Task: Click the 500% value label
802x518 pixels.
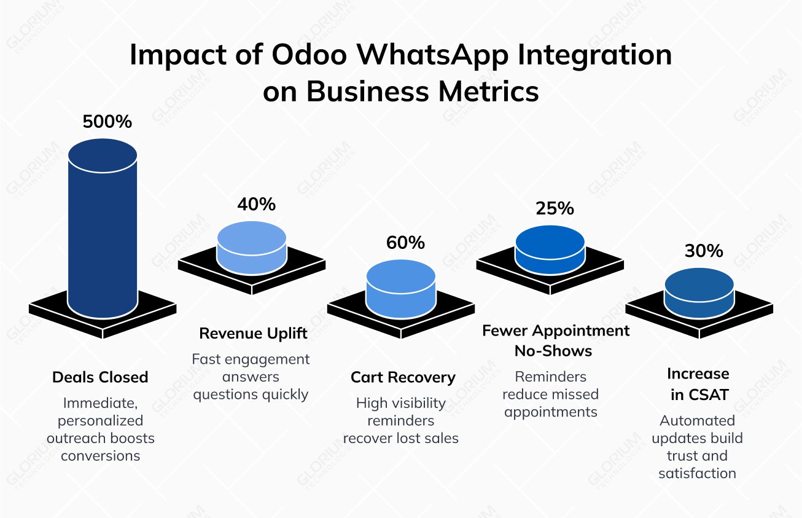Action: pos(107,122)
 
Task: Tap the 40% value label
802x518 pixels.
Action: pos(257,204)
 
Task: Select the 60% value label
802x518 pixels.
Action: pos(405,243)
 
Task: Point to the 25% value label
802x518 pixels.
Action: pos(555,208)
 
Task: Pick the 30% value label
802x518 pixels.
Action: pos(704,251)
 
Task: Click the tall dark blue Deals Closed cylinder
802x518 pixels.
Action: pos(103,233)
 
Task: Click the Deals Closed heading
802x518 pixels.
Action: pos(100,377)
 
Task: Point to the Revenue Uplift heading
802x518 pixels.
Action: pos(253,334)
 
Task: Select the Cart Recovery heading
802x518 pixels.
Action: pos(403,377)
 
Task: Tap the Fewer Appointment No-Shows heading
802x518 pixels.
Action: pos(556,341)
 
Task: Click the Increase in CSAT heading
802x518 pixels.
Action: pos(698,384)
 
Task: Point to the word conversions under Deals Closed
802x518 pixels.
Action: pos(101,455)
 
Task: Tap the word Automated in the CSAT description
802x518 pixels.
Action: pos(698,420)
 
